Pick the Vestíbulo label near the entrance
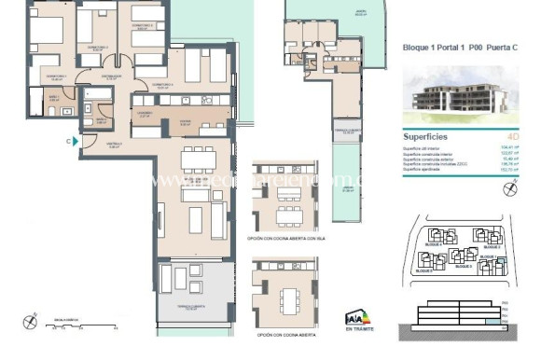116,145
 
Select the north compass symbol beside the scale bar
32,324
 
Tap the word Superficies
429,134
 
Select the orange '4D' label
503,134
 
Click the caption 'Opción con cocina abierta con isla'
288,239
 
